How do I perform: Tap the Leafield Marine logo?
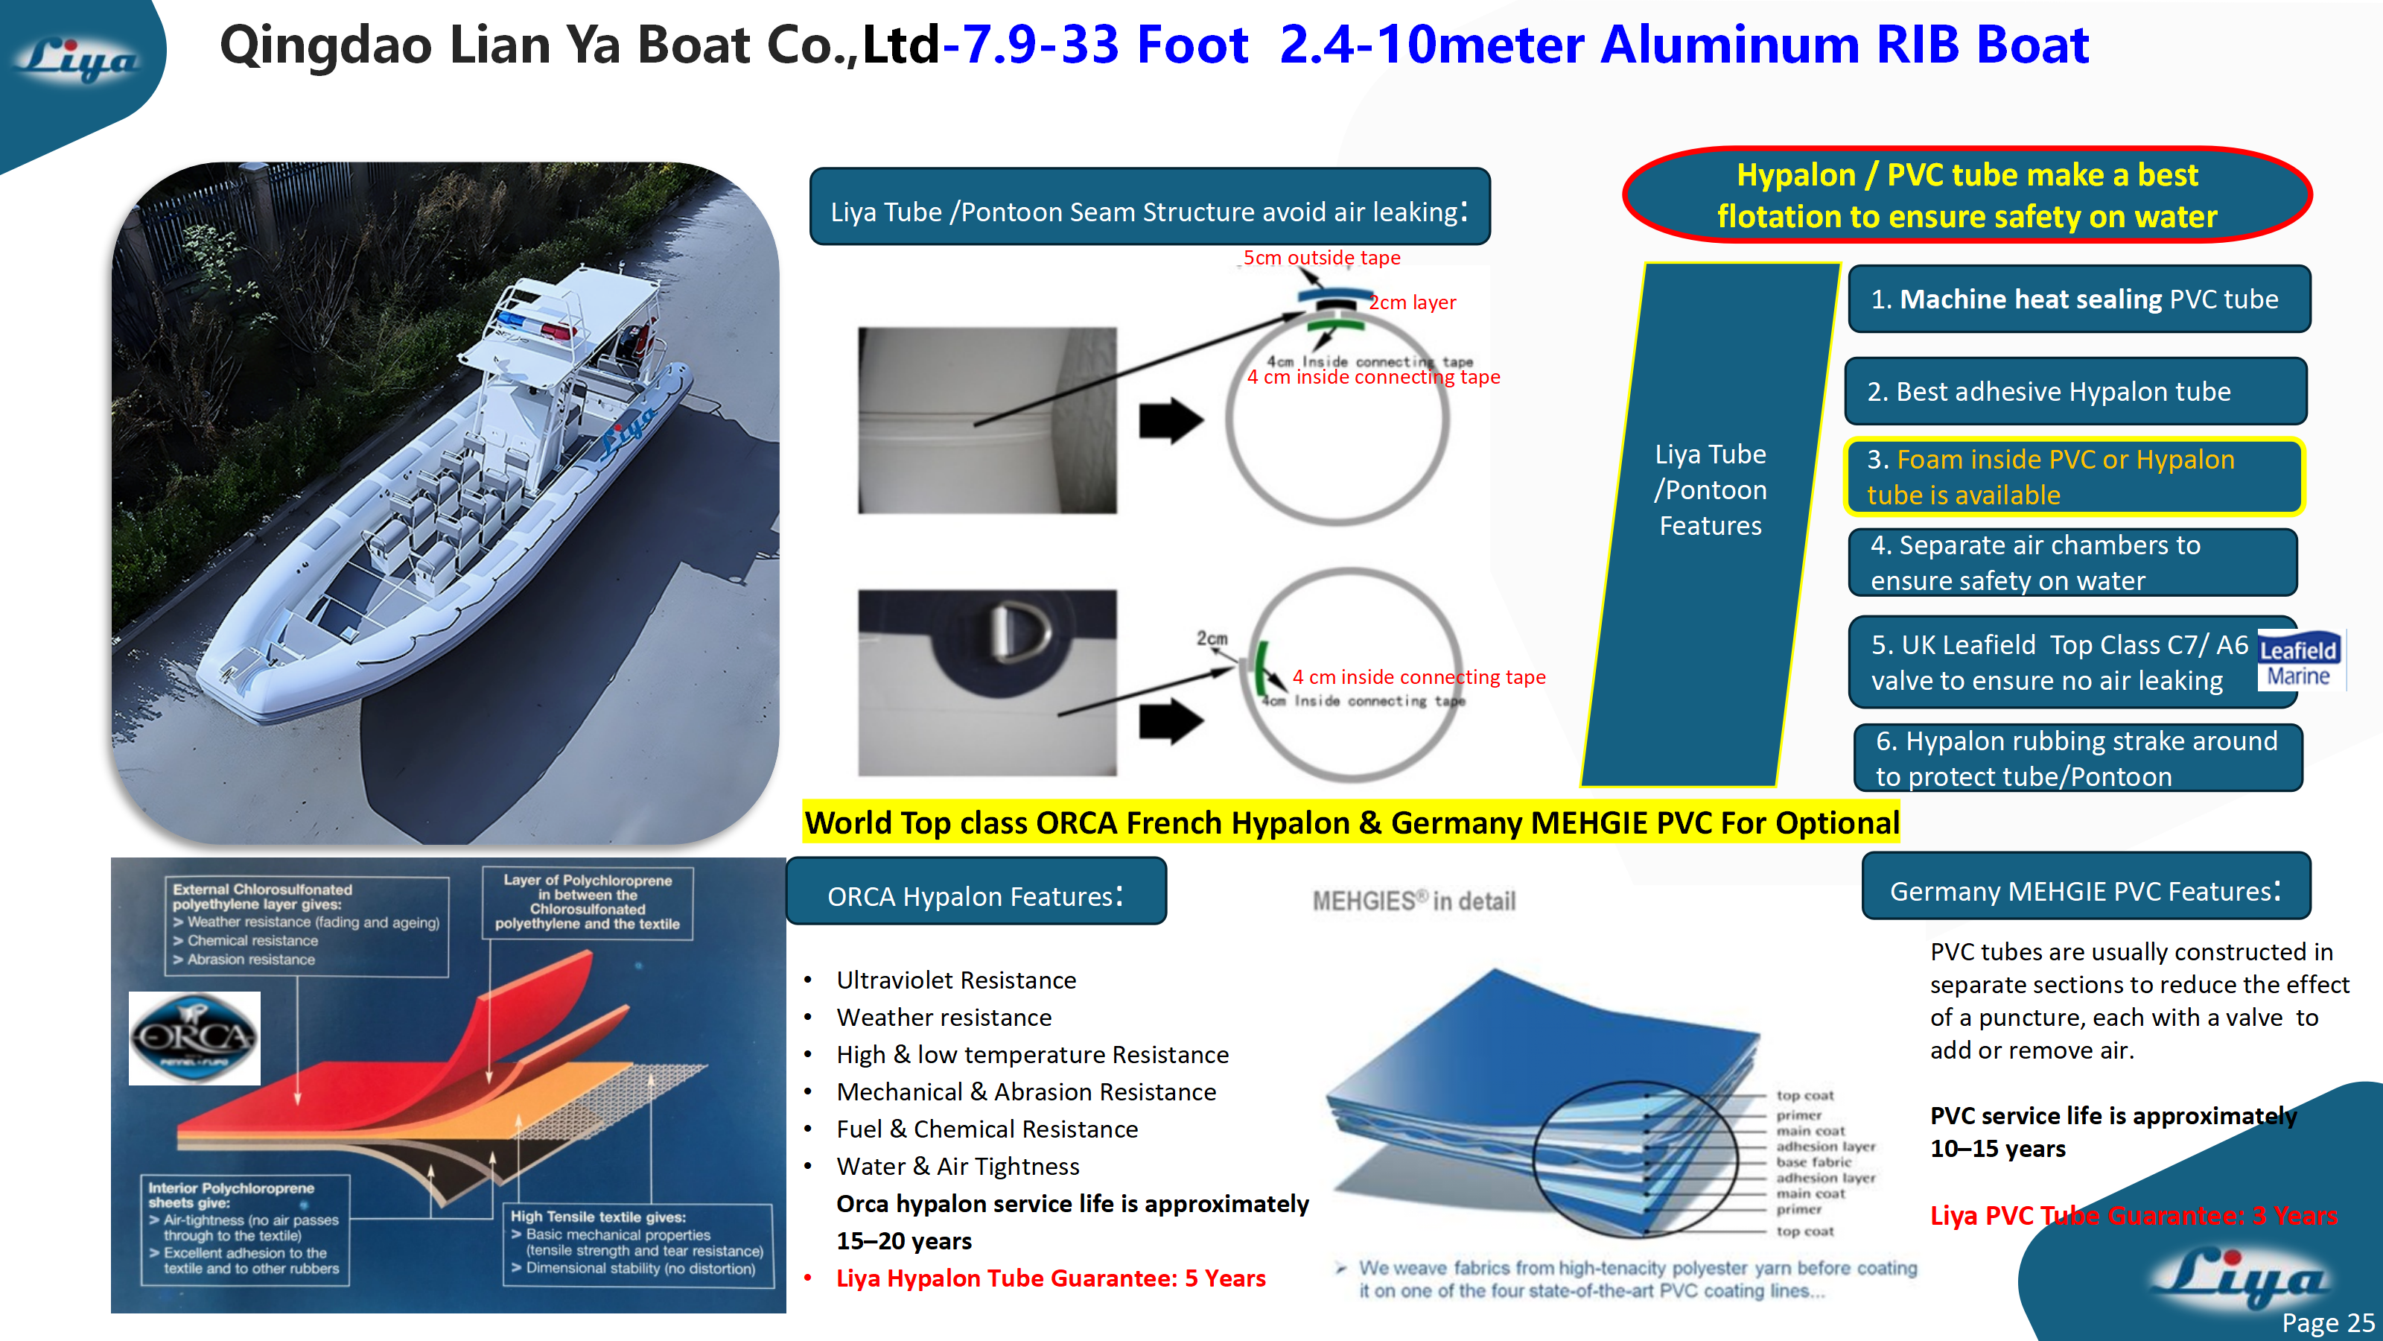click(x=2298, y=661)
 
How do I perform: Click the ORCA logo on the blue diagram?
click(x=194, y=1038)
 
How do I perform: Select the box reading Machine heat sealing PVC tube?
click(x=2078, y=299)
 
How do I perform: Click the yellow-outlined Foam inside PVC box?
click(x=2072, y=477)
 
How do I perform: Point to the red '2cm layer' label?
click(x=1412, y=302)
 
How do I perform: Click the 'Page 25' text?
click(x=2326, y=1322)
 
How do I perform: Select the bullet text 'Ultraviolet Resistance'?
click(x=955, y=980)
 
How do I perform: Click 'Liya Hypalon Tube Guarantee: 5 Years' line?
click(x=1050, y=1278)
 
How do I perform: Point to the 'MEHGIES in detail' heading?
click(x=1413, y=901)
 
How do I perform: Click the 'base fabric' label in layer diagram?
click(x=1813, y=1162)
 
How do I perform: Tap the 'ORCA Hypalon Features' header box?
click(x=976, y=894)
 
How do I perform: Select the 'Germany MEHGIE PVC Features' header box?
click(x=2085, y=890)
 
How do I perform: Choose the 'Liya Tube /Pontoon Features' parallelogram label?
click(x=1710, y=489)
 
